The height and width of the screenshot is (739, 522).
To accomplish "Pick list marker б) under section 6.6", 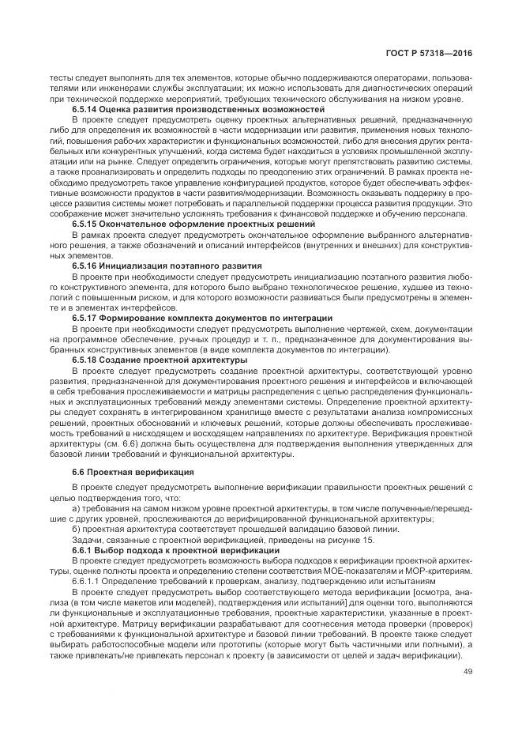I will tap(76, 530).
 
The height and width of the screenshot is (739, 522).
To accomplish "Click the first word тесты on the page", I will tap(60, 78).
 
